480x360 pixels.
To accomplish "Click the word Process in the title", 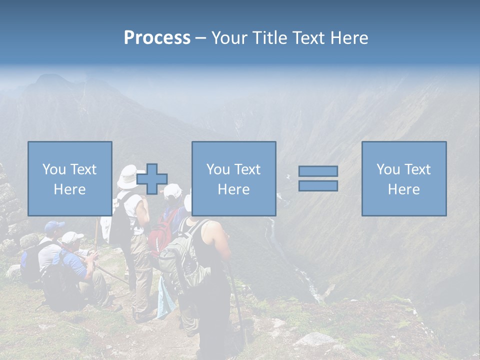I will click(157, 37).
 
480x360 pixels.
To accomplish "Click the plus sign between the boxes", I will click(152, 179).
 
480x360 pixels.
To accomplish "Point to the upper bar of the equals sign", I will click(318, 171).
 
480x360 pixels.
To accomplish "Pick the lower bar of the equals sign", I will click(318, 186).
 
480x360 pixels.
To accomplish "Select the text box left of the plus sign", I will click(69, 178).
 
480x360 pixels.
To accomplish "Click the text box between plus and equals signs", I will click(233, 178).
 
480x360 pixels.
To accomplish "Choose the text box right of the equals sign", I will click(403, 178).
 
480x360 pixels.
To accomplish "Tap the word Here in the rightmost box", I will click(403, 189).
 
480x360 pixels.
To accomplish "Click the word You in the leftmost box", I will click(54, 169).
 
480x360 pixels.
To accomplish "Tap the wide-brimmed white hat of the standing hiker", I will click(128, 175).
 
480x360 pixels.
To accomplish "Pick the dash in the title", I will click(200, 38).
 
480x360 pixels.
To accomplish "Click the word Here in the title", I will click(349, 37).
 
